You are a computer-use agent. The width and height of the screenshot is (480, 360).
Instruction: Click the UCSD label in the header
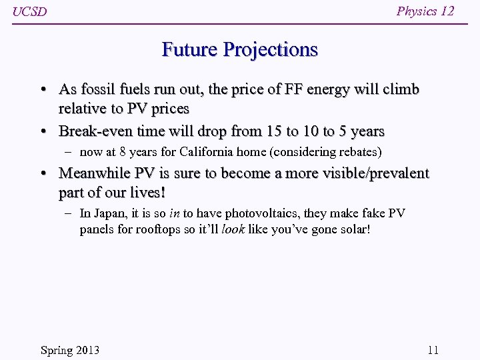click(30, 12)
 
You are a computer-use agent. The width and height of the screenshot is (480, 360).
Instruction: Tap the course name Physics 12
click(425, 11)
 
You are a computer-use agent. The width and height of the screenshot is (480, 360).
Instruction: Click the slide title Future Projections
click(239, 50)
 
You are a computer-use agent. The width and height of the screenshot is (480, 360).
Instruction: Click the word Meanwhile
click(95, 173)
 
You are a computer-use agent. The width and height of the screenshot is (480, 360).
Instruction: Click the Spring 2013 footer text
click(70, 350)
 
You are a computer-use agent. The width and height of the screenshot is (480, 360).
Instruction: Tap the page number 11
click(433, 350)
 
